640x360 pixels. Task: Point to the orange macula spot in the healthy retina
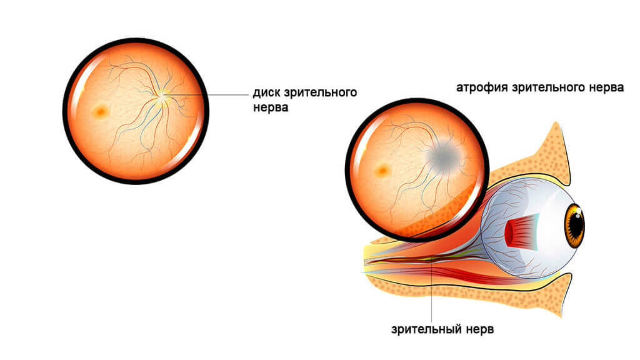click(x=100, y=112)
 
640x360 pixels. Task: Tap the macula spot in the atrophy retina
click(x=381, y=169)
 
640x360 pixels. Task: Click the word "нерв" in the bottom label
click(x=479, y=329)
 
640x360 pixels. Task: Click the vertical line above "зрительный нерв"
click(x=432, y=294)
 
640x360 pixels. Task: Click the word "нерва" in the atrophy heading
click(x=607, y=87)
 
